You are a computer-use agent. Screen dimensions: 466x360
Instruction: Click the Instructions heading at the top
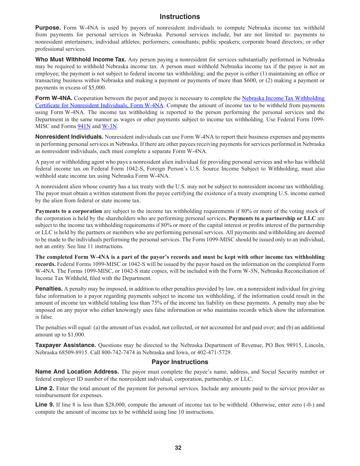pos(180,17)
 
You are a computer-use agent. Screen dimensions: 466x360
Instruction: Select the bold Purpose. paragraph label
pos(48,28)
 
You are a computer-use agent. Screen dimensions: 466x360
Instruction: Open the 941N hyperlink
pos(84,127)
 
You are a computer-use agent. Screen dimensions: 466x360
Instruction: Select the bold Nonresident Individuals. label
pos(69,137)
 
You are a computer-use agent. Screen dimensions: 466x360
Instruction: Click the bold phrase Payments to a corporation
pos(69,211)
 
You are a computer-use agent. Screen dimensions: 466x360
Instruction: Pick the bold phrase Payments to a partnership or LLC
pos(272,218)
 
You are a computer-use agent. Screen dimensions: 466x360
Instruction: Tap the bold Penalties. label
pos(49,289)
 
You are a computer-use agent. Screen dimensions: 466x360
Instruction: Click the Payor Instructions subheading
pos(180,362)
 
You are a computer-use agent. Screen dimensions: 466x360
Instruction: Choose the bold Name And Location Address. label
pos(77,372)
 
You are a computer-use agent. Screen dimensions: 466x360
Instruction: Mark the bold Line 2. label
pos(45,388)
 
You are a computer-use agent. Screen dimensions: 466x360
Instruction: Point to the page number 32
pos(178,448)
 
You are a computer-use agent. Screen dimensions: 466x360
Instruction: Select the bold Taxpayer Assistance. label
pos(66,345)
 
